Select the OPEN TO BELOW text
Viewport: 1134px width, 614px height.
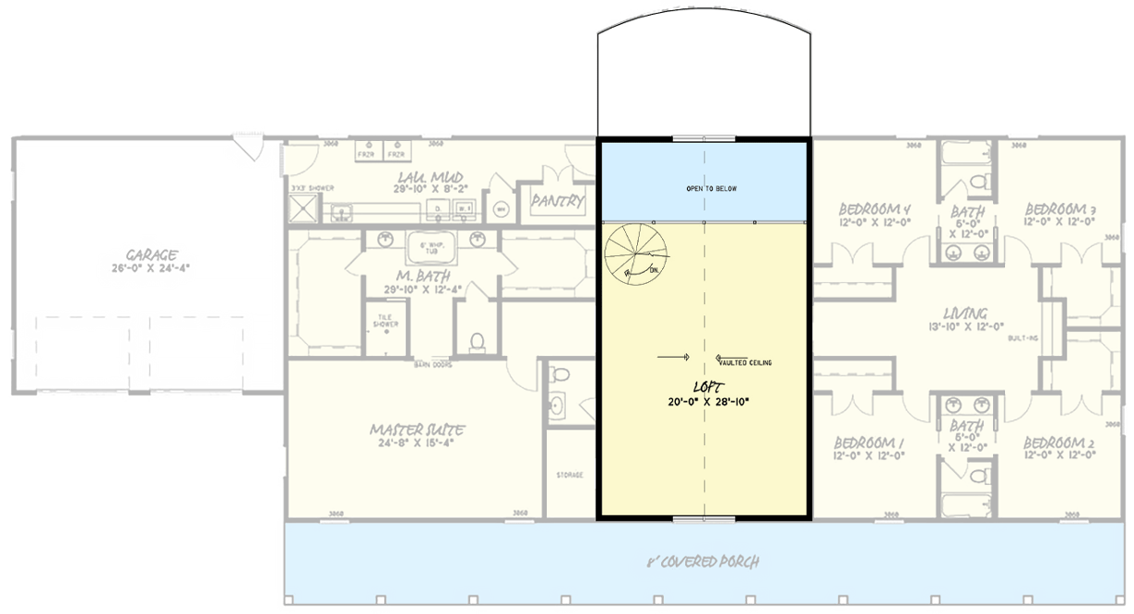(x=711, y=188)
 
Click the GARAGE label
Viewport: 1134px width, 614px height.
(x=152, y=254)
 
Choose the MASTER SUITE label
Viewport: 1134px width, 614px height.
(x=416, y=430)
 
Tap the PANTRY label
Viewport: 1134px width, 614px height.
(x=557, y=201)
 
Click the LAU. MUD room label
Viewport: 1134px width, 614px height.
(x=430, y=177)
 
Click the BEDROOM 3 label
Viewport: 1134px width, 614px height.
(x=1059, y=208)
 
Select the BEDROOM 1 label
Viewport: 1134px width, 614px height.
(x=868, y=442)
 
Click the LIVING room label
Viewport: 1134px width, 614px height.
(x=965, y=313)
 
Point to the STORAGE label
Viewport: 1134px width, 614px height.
(x=569, y=475)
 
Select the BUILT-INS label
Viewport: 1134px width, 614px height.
(x=1023, y=338)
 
